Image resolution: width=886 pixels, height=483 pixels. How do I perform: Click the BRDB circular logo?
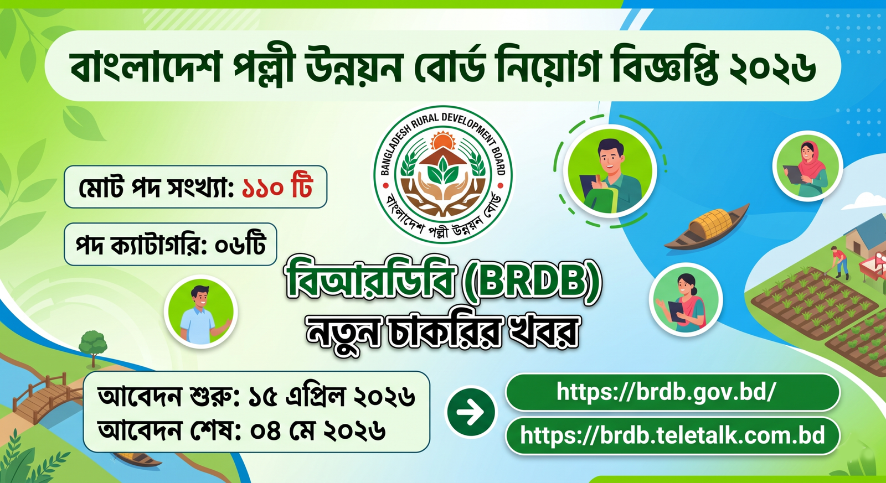pos(442,174)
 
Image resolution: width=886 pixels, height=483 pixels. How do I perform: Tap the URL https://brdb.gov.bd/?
pos(666,392)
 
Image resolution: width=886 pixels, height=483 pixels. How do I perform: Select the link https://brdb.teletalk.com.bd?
pos(672,435)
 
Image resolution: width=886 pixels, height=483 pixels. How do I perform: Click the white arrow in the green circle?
pos(471,412)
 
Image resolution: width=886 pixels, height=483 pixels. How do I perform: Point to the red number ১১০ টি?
pos(277,188)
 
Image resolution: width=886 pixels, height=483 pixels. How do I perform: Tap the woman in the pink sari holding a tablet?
pos(686,299)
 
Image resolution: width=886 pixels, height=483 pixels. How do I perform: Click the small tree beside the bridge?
pos(93,346)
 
